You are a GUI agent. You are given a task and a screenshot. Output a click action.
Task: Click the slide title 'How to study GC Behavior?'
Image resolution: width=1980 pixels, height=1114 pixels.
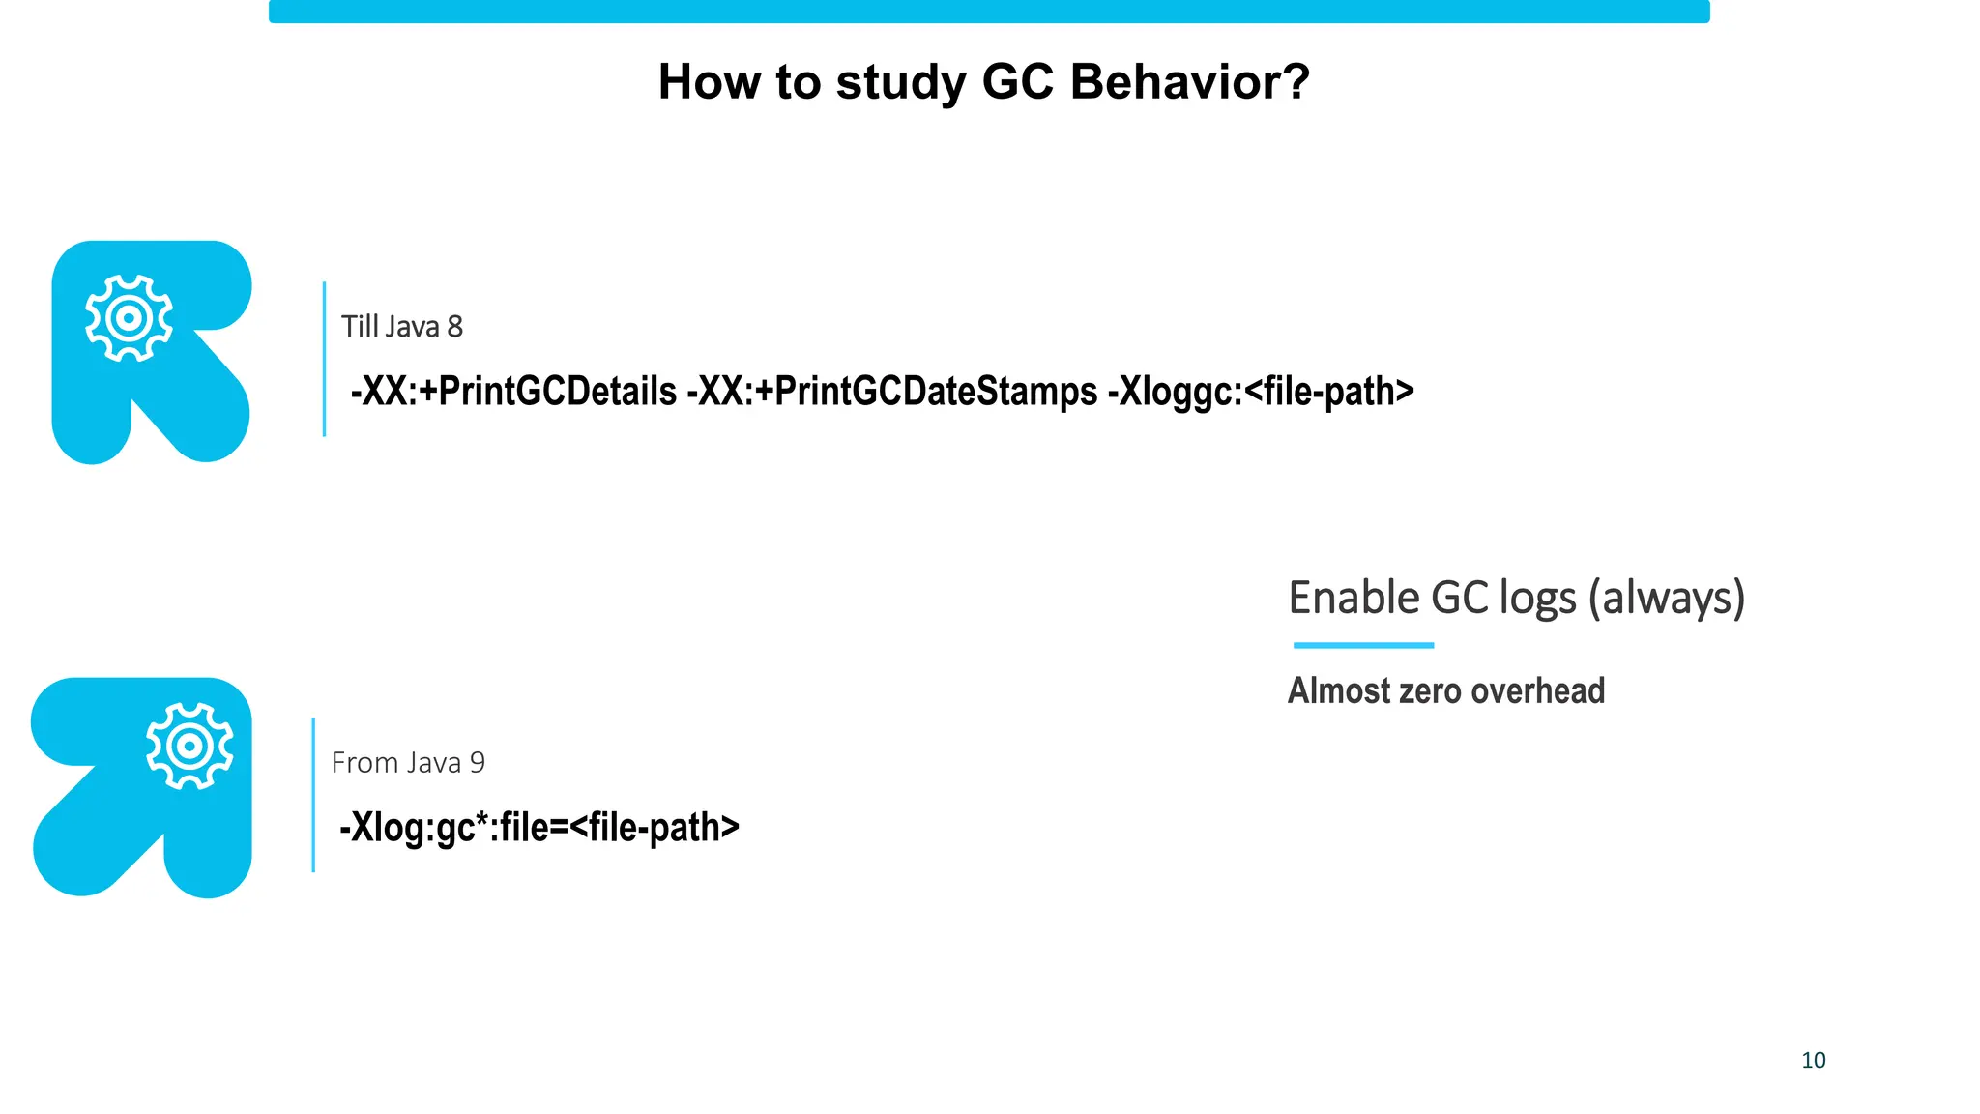pyautogui.click(x=983, y=81)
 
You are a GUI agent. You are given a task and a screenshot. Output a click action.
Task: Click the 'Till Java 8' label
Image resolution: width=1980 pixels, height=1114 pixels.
pyautogui.click(x=401, y=327)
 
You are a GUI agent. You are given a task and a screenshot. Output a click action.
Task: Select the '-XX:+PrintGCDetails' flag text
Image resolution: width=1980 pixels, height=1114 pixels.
pyautogui.click(x=513, y=392)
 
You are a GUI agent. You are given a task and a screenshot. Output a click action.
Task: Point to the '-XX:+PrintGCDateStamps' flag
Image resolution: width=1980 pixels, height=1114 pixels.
pyautogui.click(x=891, y=392)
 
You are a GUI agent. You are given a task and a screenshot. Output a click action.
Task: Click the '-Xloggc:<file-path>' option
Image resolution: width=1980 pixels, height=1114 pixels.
pyautogui.click(x=1261, y=392)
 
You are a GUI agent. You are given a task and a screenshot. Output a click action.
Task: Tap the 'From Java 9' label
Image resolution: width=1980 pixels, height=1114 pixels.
pyautogui.click(x=408, y=763)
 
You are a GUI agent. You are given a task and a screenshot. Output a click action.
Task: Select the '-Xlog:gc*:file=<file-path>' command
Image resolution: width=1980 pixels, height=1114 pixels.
pyautogui.click(x=539, y=828)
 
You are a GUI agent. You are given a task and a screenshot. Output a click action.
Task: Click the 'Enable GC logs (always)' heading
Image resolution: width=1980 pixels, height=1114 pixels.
pyautogui.click(x=1516, y=598)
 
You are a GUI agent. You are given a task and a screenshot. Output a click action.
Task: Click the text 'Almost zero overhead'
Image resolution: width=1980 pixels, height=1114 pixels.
pyautogui.click(x=1445, y=690)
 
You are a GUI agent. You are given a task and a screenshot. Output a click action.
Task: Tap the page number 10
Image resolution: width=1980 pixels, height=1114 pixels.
pyautogui.click(x=1813, y=1060)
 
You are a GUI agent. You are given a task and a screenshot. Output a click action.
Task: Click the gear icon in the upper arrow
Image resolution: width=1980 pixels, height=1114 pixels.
pyautogui.click(x=129, y=318)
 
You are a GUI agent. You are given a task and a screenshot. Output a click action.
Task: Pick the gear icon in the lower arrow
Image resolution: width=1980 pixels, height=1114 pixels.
pyautogui.click(x=189, y=746)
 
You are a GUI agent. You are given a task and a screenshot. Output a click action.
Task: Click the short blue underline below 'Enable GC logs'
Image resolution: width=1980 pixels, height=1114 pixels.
pyautogui.click(x=1363, y=645)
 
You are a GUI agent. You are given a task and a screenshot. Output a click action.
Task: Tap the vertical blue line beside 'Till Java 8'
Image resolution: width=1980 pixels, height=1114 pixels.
pyautogui.click(x=324, y=359)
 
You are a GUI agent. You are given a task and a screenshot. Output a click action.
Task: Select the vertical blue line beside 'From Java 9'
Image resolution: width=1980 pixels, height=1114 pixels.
pyautogui.click(x=313, y=795)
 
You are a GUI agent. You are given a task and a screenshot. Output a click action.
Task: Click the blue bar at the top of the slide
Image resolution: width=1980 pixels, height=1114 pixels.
pyautogui.click(x=989, y=12)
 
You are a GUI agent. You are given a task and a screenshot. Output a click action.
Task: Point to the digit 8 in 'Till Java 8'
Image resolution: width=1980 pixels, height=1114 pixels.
pyautogui.click(x=454, y=327)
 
